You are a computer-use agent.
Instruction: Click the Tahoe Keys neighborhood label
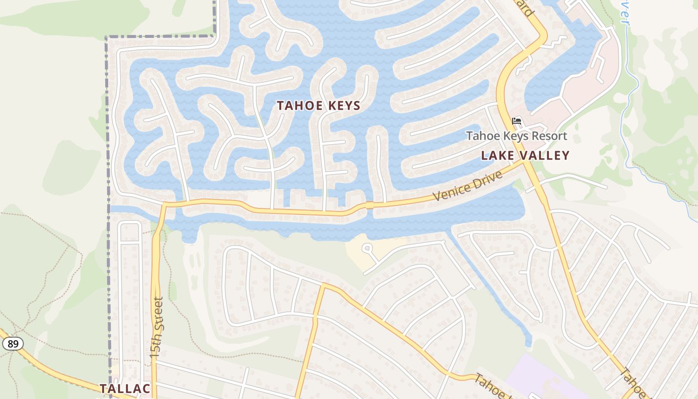point(319,106)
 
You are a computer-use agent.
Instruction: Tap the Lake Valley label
point(525,156)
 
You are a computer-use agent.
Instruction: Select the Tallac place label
point(125,389)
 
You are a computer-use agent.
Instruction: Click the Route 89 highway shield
point(12,344)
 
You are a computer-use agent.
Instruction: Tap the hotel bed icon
point(517,121)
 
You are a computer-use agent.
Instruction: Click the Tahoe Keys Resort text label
point(517,136)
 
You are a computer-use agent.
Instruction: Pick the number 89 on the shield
point(12,344)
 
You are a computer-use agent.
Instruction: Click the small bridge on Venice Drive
point(369,205)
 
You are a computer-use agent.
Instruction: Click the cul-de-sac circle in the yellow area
point(368,247)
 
